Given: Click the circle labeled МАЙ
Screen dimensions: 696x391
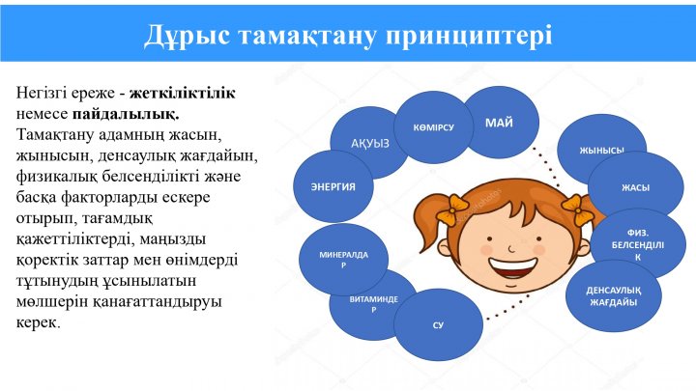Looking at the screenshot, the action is tap(502, 123).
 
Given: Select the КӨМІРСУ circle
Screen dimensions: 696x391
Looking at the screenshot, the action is tap(434, 127).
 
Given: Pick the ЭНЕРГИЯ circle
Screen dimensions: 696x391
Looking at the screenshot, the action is tap(333, 186).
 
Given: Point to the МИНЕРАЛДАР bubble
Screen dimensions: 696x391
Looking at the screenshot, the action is tap(343, 260).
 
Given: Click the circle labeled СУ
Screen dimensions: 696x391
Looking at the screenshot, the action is tap(438, 325).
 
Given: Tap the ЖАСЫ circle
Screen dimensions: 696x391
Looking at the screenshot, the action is tap(636, 187).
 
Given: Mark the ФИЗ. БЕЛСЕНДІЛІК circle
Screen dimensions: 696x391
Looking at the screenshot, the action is tap(639, 244).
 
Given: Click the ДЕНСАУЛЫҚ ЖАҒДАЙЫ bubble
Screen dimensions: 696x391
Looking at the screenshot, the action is tap(614, 295).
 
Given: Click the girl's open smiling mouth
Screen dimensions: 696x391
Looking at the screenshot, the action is tap(511, 266).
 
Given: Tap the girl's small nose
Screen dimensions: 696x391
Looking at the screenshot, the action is tap(511, 249).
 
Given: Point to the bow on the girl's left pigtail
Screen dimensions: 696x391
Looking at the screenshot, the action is tap(451, 209).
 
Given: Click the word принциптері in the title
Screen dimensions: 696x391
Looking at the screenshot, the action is tap(469, 36).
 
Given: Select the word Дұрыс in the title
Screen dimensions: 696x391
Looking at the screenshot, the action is tap(187, 35).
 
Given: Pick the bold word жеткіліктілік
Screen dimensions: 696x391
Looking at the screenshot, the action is tap(183, 93).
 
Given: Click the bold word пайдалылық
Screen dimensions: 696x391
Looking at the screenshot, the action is tap(126, 114).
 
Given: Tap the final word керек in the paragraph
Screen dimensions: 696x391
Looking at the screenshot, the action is tap(38, 322).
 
